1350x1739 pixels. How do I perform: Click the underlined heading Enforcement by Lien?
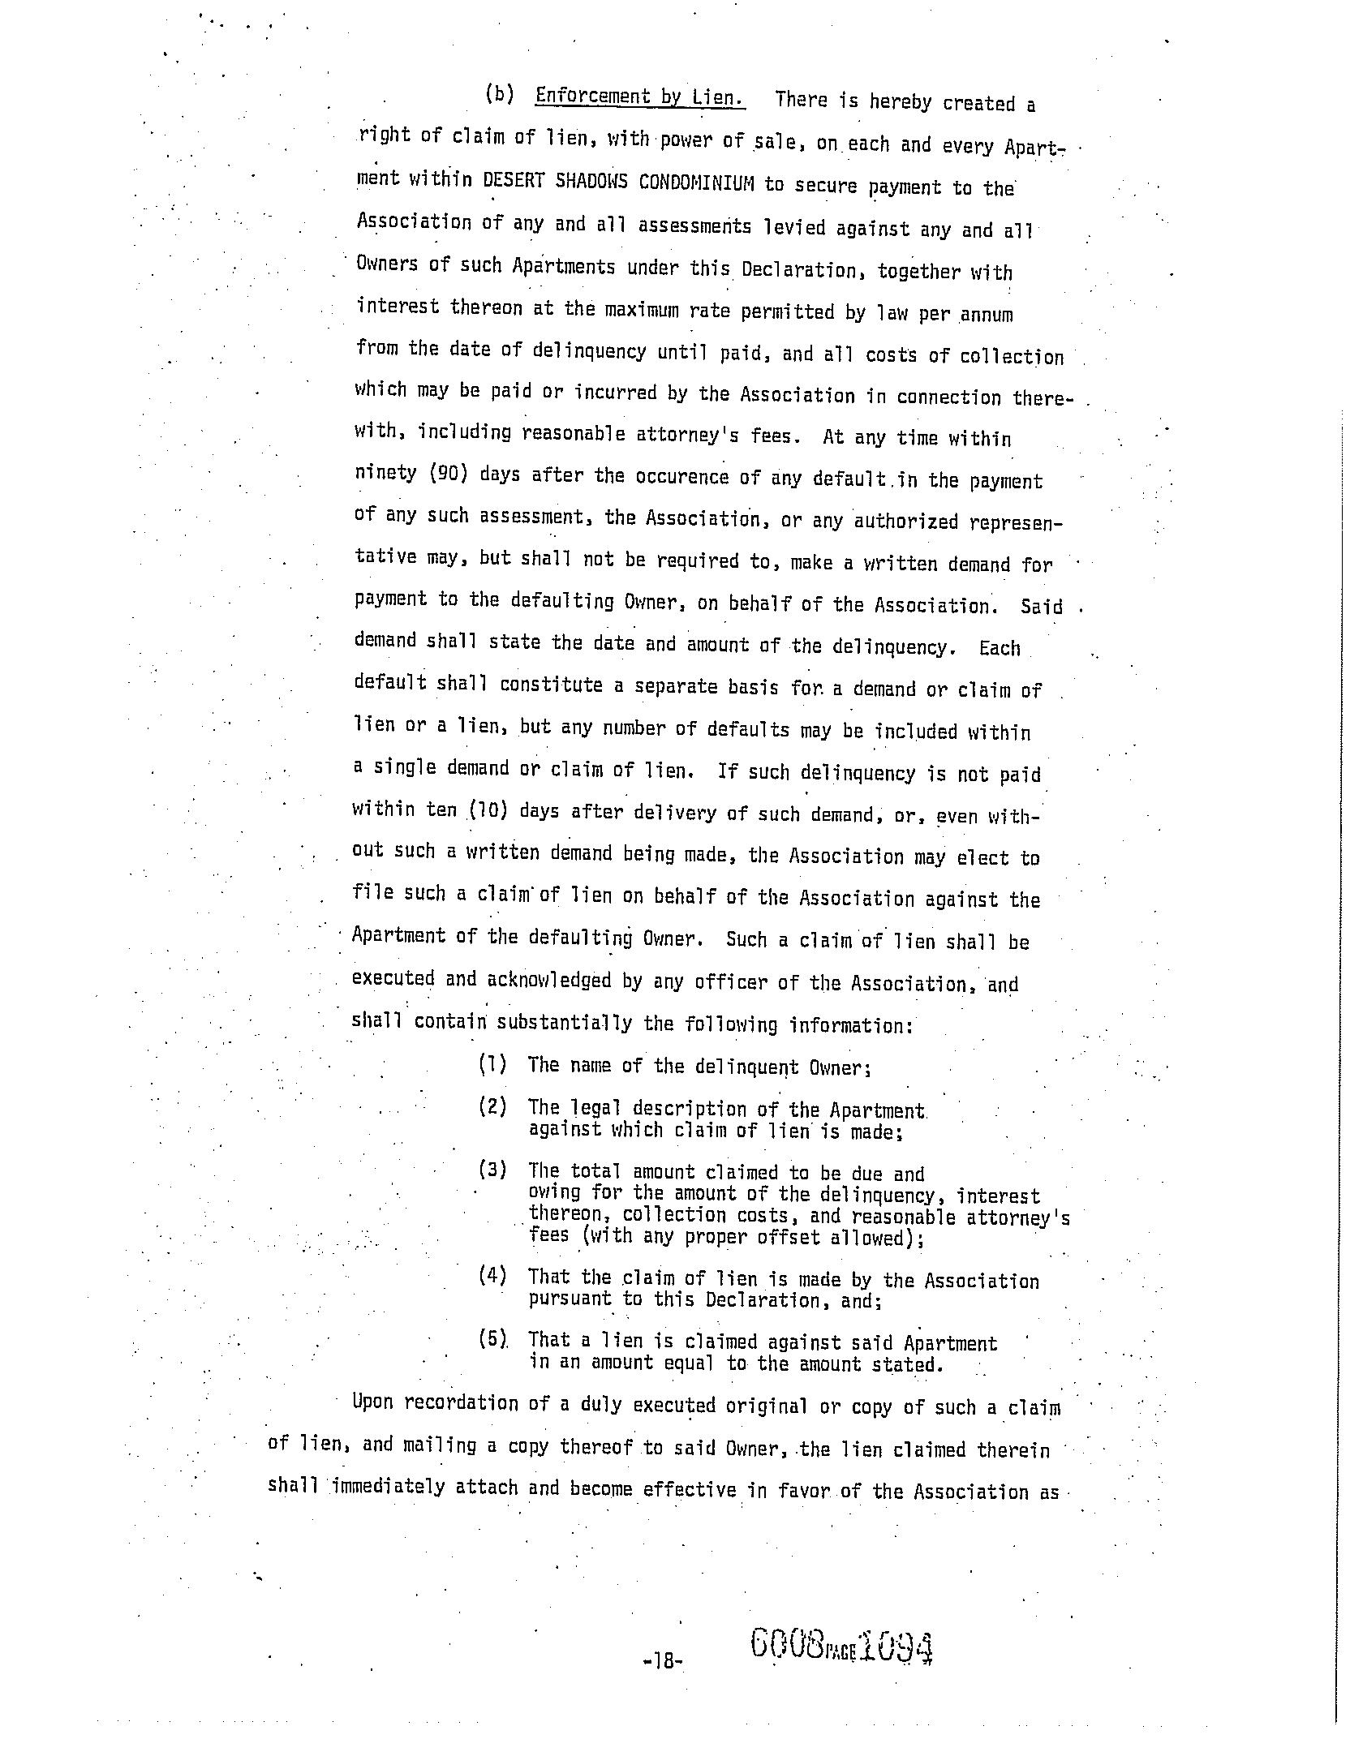click(639, 97)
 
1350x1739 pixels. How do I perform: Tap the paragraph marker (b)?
click(500, 94)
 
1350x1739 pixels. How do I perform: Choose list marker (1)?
click(492, 1064)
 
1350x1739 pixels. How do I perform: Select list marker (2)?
click(492, 1106)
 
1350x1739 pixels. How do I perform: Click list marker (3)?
click(492, 1170)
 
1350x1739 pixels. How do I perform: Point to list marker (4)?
click(492, 1275)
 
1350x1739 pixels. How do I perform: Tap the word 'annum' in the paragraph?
click(987, 315)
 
